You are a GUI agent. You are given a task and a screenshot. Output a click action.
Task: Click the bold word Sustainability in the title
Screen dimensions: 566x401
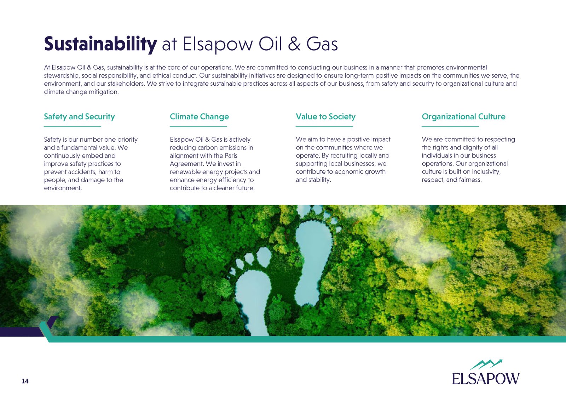(x=100, y=44)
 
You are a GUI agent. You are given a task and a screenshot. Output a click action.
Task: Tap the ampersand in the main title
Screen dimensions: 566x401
(x=294, y=44)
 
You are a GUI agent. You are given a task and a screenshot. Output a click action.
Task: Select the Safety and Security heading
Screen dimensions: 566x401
(x=79, y=117)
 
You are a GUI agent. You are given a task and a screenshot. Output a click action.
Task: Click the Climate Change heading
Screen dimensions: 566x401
(x=200, y=117)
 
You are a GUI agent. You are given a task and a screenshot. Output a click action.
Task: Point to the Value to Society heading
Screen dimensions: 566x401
(x=326, y=117)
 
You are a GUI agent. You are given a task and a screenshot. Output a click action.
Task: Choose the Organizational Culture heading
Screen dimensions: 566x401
(x=464, y=117)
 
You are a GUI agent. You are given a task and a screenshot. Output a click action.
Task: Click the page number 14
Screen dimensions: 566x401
(x=25, y=381)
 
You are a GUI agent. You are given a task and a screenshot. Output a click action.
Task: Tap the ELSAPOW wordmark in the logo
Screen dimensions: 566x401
(x=486, y=378)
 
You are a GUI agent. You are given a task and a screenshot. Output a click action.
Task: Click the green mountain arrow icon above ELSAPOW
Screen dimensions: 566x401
(x=486, y=364)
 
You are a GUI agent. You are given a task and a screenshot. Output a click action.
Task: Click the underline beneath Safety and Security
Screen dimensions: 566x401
(x=73, y=126)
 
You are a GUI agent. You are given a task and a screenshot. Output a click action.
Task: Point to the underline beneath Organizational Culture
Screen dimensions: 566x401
(x=450, y=126)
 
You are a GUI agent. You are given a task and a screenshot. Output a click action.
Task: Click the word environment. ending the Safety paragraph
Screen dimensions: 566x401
(x=63, y=188)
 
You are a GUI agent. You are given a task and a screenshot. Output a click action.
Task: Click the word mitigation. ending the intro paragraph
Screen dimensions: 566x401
(x=104, y=92)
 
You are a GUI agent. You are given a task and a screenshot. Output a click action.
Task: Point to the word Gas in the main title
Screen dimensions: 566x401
(x=322, y=44)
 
